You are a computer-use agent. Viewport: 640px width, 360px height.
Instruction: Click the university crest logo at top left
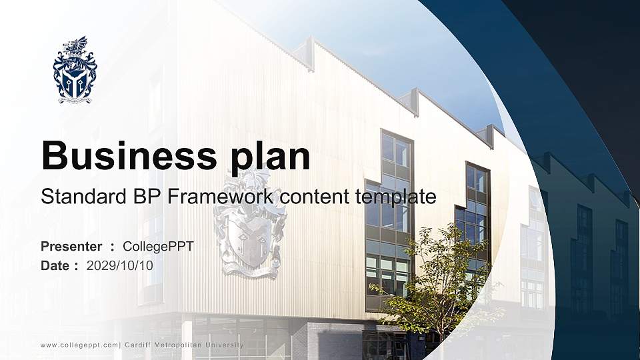coord(75,71)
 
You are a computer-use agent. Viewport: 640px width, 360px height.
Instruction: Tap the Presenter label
coord(71,247)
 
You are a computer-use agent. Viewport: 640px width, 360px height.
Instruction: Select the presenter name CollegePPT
coord(159,247)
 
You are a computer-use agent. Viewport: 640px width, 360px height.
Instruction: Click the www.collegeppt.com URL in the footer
coord(79,345)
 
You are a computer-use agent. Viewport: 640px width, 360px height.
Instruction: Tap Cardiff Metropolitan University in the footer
coord(184,345)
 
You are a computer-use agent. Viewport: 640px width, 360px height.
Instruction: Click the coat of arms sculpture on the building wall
coord(249,223)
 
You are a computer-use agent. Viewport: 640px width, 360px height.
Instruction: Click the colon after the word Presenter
coord(113,247)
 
